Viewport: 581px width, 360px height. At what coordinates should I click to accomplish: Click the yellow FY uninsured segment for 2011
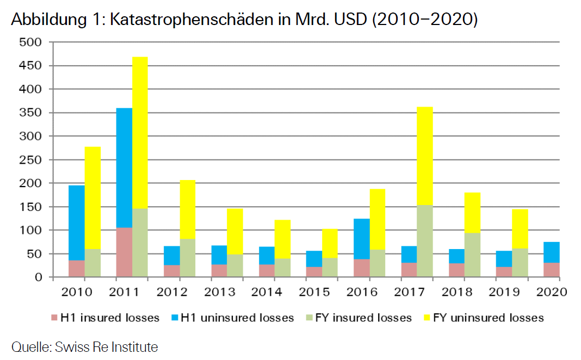[140, 132]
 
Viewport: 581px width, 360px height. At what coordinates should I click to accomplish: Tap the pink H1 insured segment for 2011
[124, 252]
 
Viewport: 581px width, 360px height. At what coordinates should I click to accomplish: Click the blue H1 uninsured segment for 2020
[552, 252]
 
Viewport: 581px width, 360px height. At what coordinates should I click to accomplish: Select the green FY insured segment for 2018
[472, 255]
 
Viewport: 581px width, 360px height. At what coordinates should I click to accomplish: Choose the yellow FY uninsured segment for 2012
[188, 209]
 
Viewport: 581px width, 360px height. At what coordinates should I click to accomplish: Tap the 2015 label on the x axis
[314, 292]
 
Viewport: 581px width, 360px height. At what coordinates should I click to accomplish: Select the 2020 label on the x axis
[552, 292]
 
